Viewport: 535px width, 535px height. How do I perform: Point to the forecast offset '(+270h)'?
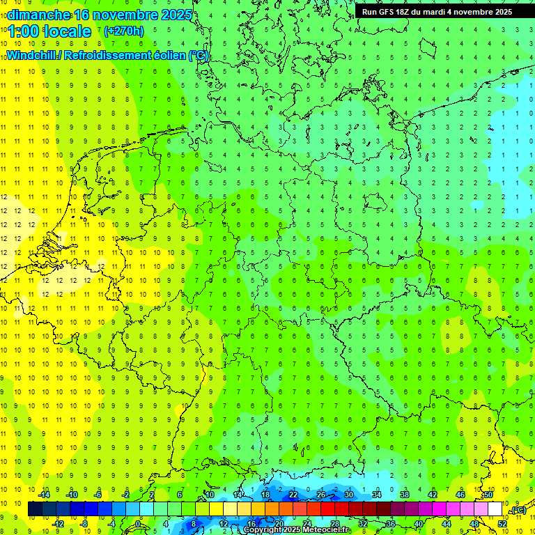point(123,31)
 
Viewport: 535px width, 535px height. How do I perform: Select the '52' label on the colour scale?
point(502,524)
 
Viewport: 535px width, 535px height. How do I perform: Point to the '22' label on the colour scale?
point(293,495)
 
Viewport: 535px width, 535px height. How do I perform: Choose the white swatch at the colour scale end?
point(495,509)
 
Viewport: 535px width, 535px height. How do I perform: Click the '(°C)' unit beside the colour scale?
point(518,510)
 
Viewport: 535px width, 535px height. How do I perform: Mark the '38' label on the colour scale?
point(405,495)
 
